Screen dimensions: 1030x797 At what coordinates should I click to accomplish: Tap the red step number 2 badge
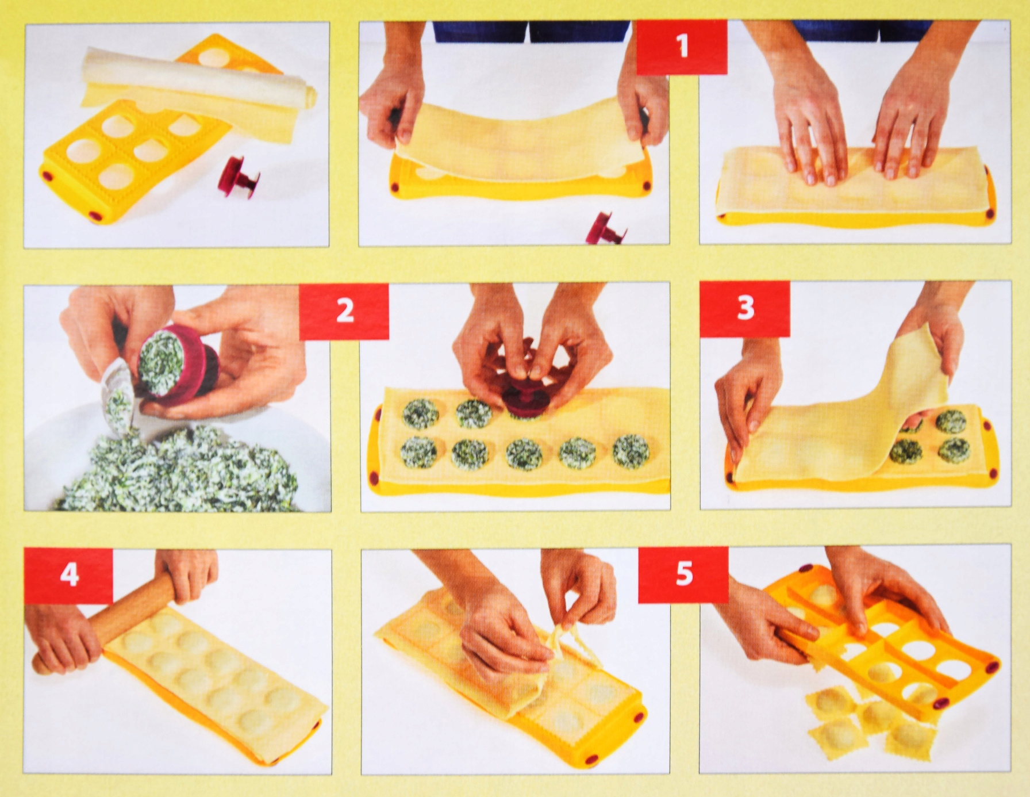(x=344, y=311)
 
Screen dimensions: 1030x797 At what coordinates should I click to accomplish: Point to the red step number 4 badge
(x=69, y=575)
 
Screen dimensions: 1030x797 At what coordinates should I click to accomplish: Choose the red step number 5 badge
(x=683, y=573)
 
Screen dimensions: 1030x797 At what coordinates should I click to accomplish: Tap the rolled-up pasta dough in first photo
(x=198, y=78)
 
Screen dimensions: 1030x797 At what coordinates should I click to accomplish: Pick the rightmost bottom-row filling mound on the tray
(x=631, y=452)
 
